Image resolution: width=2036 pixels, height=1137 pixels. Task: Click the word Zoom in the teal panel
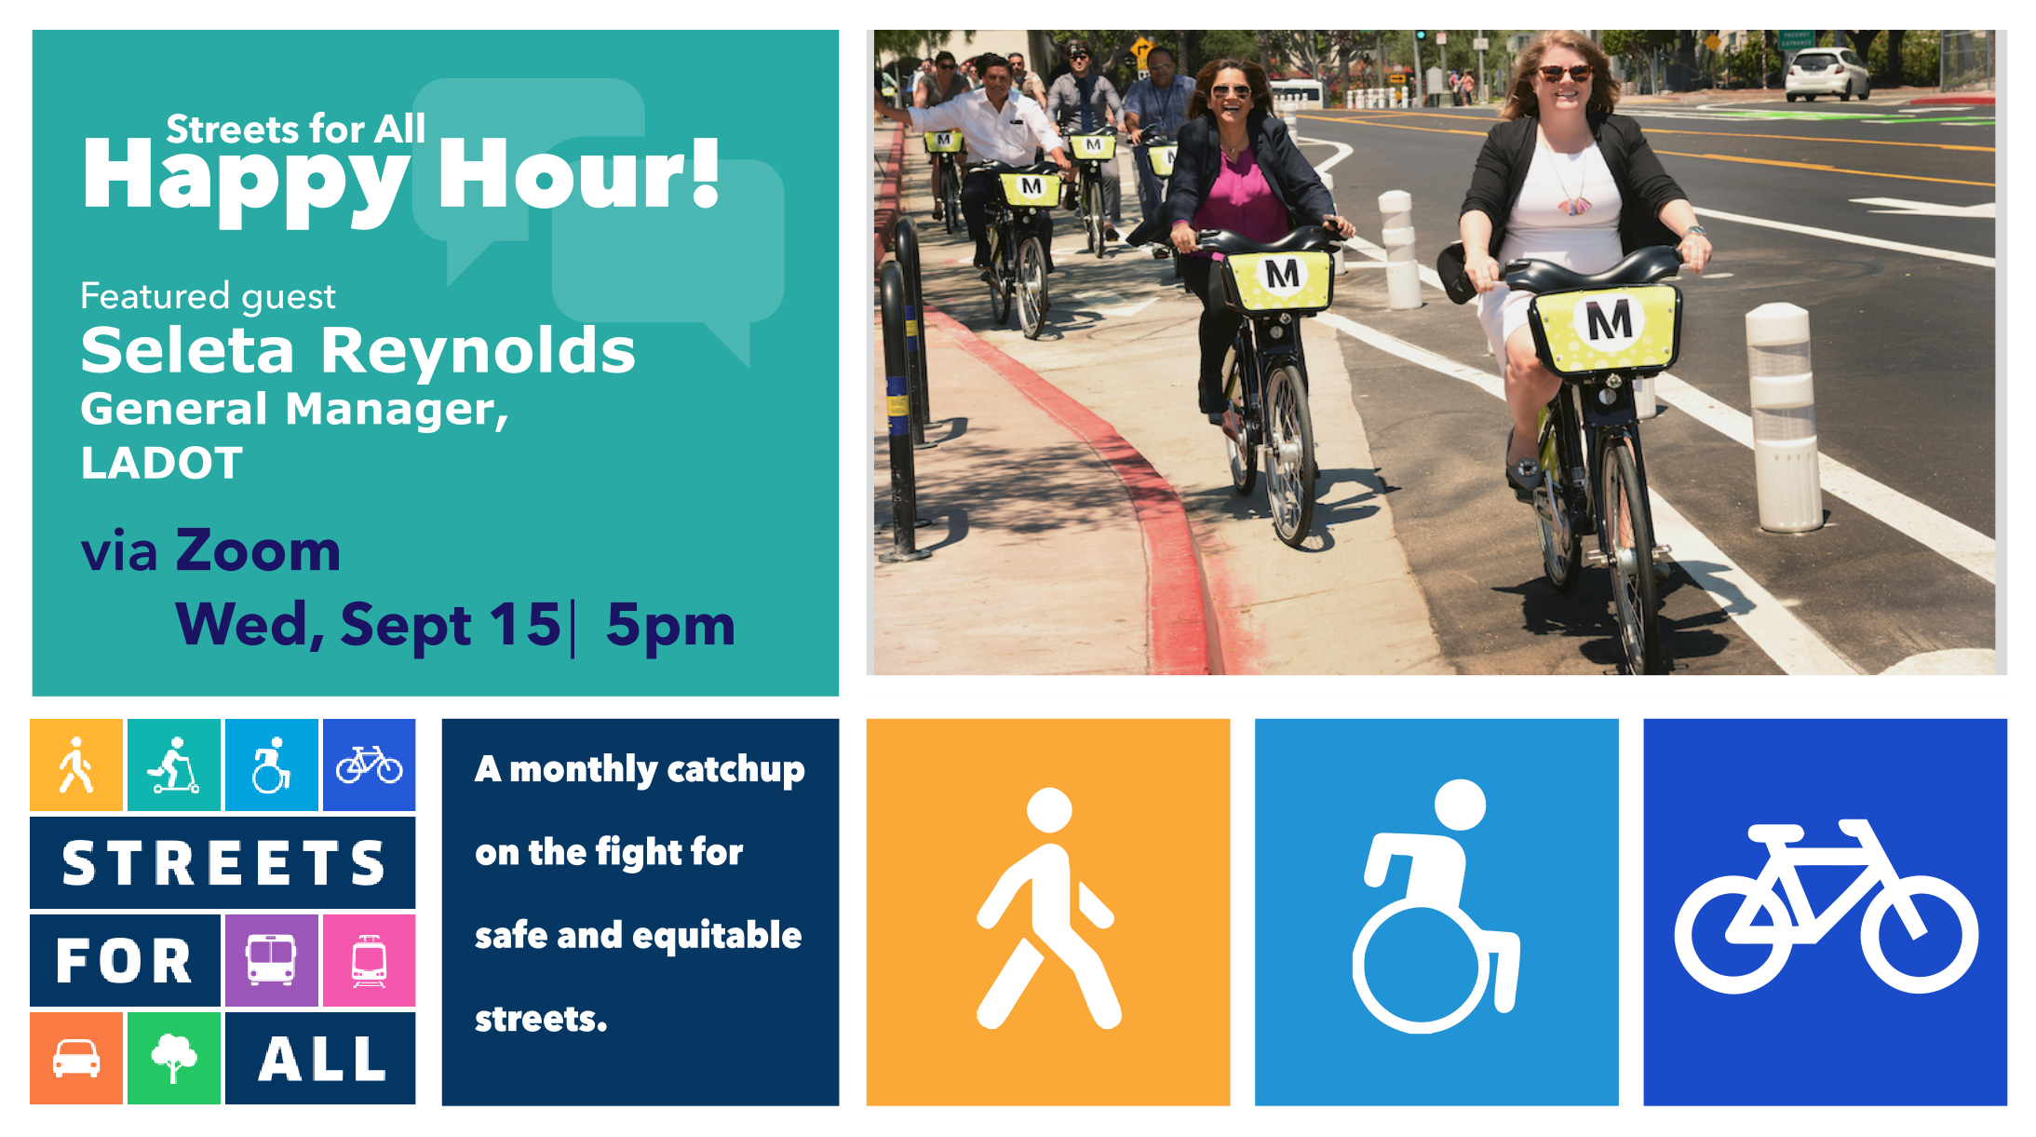tap(259, 550)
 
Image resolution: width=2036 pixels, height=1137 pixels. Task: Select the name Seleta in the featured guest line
tap(187, 351)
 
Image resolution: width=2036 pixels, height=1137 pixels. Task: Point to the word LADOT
tap(162, 463)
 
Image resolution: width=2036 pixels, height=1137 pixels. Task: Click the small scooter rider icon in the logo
tap(174, 765)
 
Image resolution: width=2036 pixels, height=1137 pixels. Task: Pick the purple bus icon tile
tap(271, 960)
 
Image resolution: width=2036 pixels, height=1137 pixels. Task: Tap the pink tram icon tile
tap(369, 960)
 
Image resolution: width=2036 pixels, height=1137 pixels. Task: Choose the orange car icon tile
tap(76, 1058)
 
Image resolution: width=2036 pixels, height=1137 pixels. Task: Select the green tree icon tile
tap(174, 1058)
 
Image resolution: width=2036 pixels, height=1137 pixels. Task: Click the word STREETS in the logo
tap(223, 863)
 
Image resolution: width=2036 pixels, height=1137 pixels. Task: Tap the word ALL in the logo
tap(322, 1059)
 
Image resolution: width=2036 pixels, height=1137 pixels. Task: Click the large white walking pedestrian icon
tap(1047, 909)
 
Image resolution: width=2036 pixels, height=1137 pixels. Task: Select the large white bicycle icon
tap(1825, 907)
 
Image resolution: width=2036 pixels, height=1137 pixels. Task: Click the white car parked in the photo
tap(1826, 74)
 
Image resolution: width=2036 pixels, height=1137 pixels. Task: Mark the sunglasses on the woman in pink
tap(1230, 91)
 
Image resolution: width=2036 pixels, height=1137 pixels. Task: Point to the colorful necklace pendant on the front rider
tap(1573, 203)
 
